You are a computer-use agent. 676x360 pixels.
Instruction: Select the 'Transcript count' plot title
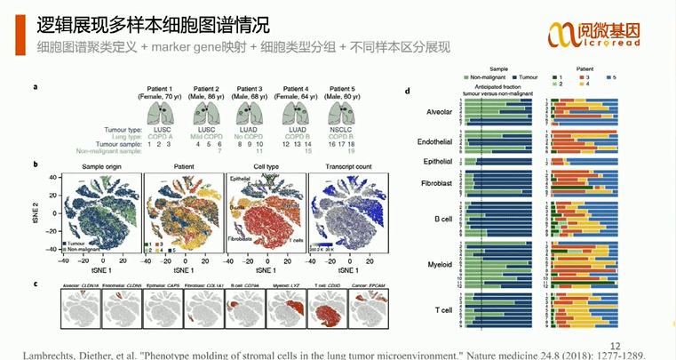pos(342,165)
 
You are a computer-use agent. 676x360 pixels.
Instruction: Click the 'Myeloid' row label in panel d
pos(429,264)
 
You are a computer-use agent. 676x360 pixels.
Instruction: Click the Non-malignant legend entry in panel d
pos(485,76)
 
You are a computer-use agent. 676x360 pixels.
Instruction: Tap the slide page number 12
pos(615,345)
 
